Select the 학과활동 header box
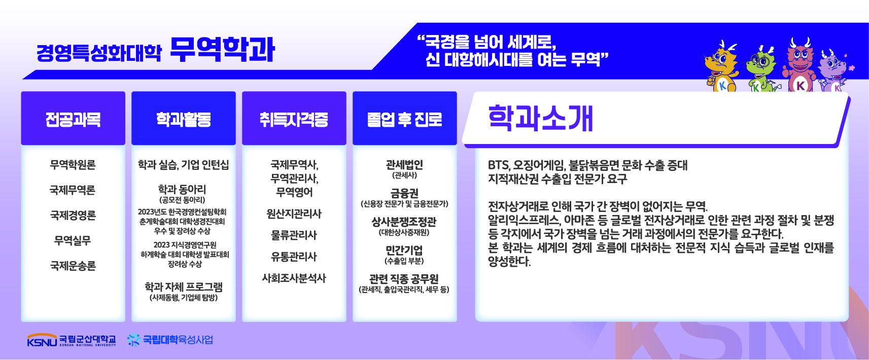[184, 118]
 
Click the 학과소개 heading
[540, 118]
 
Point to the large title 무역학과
[222, 50]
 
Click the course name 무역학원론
[73, 165]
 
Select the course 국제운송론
[73, 266]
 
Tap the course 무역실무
[73, 240]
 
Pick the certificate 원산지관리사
[294, 214]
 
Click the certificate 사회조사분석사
[294, 278]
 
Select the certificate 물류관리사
[294, 235]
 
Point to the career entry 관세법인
[405, 165]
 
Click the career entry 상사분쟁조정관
[404, 222]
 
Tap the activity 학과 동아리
[182, 189]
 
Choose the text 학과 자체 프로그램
[184, 286]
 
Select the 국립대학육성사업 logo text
[178, 340]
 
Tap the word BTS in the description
[499, 165]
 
